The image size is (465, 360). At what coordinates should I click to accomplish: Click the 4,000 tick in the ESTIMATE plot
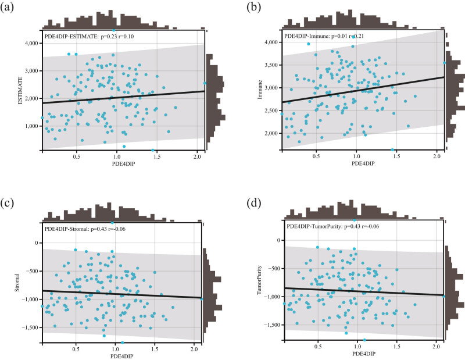tap(30, 43)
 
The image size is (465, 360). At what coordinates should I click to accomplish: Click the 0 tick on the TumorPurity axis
tap(278, 240)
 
